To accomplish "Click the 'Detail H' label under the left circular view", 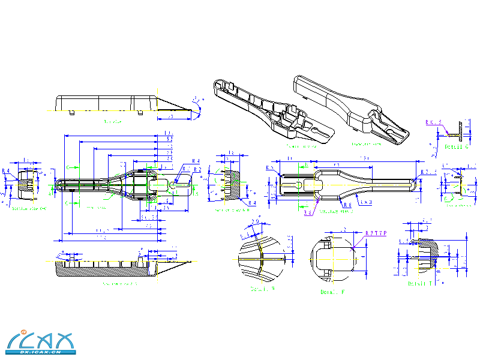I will pos(262,289).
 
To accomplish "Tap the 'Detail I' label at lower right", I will pos(421,283).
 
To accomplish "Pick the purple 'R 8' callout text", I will pos(308,212).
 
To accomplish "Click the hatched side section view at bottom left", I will pos(108,268).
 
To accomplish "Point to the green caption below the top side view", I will pos(112,122).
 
